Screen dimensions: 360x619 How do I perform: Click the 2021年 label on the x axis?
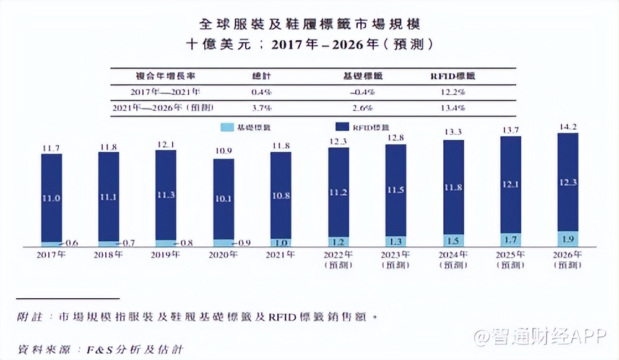click(x=281, y=255)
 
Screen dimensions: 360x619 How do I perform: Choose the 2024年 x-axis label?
click(x=453, y=255)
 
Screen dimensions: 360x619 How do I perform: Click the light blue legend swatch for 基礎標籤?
click(x=227, y=127)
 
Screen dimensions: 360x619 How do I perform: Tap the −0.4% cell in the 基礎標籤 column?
click(x=362, y=92)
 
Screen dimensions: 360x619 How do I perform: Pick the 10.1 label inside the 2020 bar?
click(x=223, y=199)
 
